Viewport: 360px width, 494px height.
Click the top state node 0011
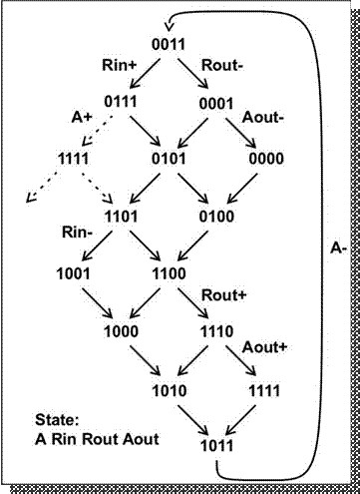coord(165,45)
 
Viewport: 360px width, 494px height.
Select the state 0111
coord(119,101)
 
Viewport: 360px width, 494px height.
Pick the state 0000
coord(266,157)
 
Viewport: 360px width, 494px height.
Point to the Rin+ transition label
coord(120,64)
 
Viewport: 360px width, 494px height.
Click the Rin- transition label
coord(74,233)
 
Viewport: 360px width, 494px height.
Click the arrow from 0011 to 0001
coord(188,72)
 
